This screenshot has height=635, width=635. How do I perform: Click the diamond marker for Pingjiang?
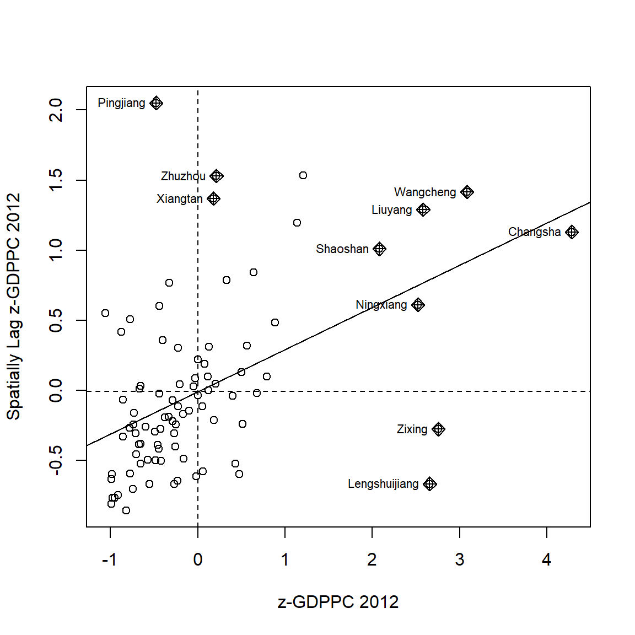(x=157, y=103)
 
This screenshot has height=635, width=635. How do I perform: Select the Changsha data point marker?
(x=572, y=232)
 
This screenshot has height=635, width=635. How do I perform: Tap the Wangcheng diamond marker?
(x=467, y=192)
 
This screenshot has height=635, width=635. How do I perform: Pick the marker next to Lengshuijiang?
(x=430, y=484)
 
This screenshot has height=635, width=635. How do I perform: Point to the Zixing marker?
(x=438, y=429)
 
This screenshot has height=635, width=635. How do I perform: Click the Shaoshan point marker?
(x=379, y=249)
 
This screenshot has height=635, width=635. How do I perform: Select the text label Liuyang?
(x=391, y=210)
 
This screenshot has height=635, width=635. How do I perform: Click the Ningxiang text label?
(x=381, y=305)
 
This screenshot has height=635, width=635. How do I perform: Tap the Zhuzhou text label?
(x=183, y=176)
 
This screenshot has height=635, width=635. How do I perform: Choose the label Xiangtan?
(x=179, y=199)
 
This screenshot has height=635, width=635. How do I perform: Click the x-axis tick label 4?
(x=546, y=560)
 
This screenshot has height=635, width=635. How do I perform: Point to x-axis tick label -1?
(x=109, y=560)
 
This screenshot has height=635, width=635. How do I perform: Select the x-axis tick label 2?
(x=372, y=560)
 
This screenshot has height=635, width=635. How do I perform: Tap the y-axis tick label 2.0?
(x=56, y=110)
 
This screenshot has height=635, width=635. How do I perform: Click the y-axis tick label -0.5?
(x=56, y=460)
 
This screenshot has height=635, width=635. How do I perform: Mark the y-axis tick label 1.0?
(x=56, y=250)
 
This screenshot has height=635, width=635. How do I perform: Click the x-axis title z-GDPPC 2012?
(x=338, y=602)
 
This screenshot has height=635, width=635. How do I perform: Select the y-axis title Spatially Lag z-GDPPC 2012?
(x=13, y=306)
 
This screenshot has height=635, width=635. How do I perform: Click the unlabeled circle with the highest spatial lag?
(x=303, y=175)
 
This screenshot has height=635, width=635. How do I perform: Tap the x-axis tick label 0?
(x=198, y=560)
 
